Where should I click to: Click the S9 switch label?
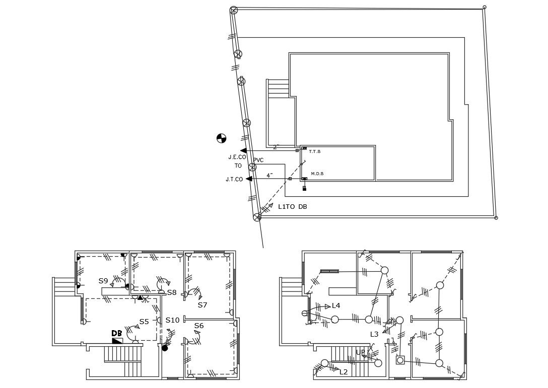(x=103, y=281)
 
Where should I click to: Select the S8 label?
(x=172, y=292)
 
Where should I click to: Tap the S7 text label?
(x=202, y=305)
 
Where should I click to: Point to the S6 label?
(x=199, y=326)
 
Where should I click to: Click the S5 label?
(x=144, y=322)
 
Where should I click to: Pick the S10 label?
(x=172, y=320)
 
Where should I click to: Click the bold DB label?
(x=117, y=333)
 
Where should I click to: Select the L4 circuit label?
(x=336, y=305)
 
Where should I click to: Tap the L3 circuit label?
(x=374, y=334)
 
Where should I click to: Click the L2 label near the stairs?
(x=344, y=372)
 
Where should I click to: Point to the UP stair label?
(x=360, y=352)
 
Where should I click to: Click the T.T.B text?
(x=315, y=151)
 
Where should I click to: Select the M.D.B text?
(x=317, y=174)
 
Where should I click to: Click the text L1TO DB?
(x=293, y=207)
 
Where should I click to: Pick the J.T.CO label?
(x=234, y=179)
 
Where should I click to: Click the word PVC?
(x=258, y=160)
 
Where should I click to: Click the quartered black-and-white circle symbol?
(x=221, y=138)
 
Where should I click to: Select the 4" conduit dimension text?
(x=270, y=175)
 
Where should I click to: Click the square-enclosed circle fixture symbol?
(x=400, y=360)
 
